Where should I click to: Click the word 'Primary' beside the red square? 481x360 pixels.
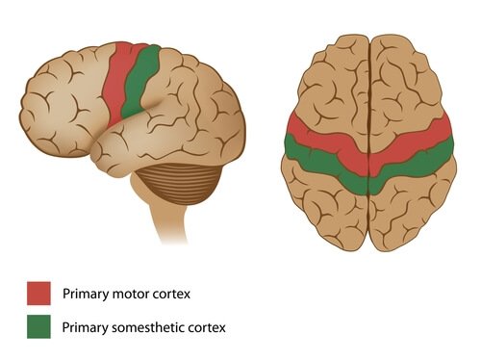click(x=83, y=292)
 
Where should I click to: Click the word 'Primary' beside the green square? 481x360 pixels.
click(x=83, y=327)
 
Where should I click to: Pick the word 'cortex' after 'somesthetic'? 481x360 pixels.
click(x=206, y=327)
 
